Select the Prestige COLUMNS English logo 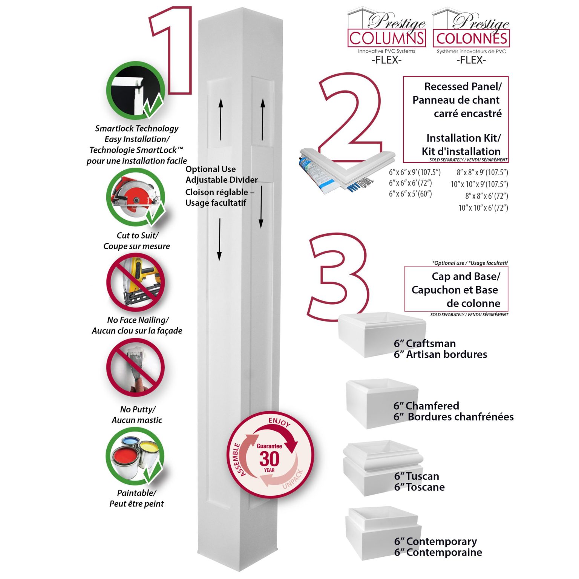(386, 34)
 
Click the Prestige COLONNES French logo (471, 34)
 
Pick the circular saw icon (135, 197)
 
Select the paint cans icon (135, 456)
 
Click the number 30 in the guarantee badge (269, 459)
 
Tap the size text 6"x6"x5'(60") (411, 194)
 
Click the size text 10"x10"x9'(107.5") (479, 184)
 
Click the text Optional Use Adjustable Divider (221, 175)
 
